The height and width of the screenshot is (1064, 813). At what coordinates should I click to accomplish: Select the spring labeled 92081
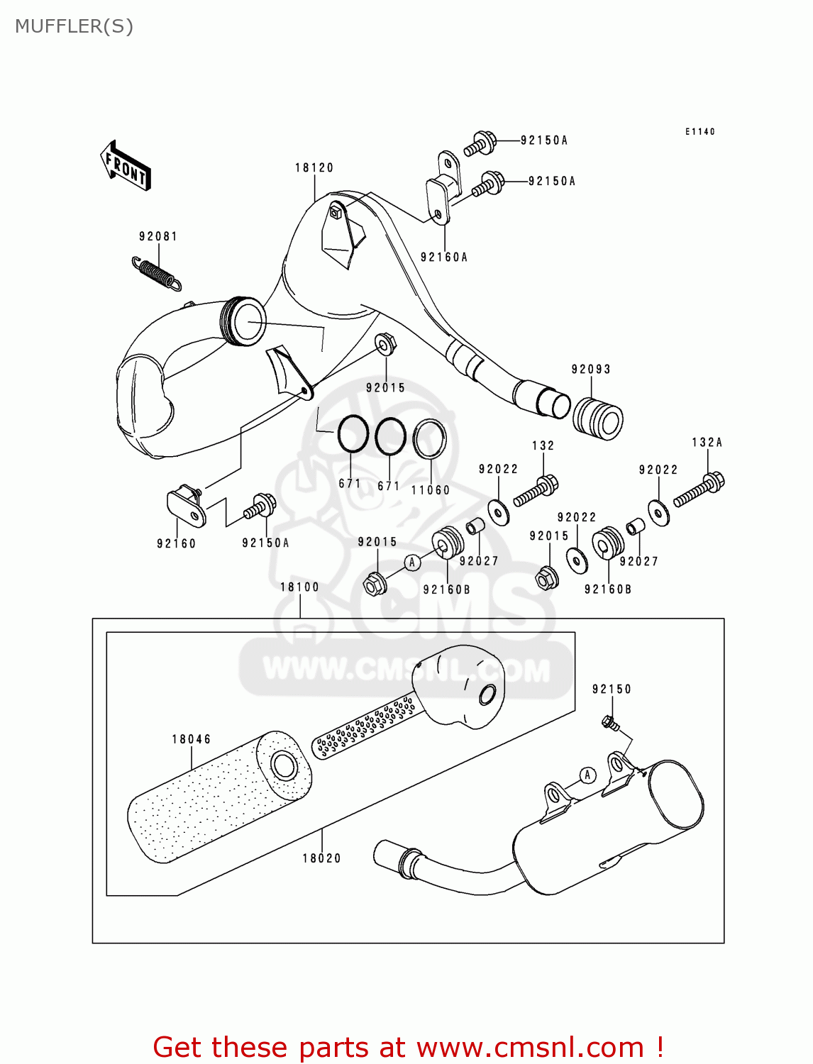point(157,274)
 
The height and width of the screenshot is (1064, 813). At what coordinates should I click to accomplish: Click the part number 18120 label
point(314,168)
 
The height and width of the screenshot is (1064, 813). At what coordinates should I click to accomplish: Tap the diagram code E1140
point(699,131)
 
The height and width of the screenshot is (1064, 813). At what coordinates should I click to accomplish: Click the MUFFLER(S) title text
point(74,26)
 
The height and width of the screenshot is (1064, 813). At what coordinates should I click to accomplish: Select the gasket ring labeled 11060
point(429,439)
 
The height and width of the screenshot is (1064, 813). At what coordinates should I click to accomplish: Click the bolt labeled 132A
point(699,491)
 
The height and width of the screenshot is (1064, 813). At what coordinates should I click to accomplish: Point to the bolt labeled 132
point(536,491)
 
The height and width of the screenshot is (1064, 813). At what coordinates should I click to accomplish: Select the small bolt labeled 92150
point(609,723)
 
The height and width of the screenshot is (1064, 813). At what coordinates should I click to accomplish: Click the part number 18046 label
point(191,739)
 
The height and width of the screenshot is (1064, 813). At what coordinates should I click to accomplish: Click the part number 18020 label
point(321,858)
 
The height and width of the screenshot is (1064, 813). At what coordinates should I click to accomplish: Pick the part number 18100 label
point(299,587)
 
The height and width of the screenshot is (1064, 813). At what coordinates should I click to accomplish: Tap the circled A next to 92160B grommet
point(413,563)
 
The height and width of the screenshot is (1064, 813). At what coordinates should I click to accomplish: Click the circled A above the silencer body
point(587,775)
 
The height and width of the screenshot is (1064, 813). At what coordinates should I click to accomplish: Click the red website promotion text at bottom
point(408,1047)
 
